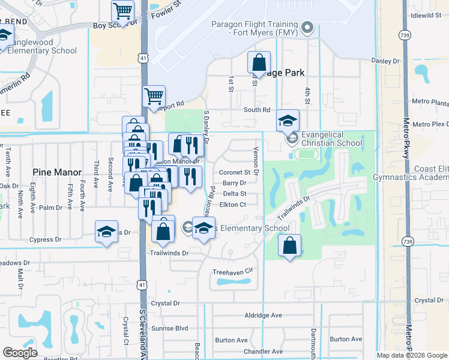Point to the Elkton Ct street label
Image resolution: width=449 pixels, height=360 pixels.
[234, 205]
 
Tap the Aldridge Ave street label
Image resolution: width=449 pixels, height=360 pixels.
[263, 315]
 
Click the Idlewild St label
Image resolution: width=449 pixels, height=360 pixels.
[427, 16]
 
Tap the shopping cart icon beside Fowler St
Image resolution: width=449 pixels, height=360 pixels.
[122, 11]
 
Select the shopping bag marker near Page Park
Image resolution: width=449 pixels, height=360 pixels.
[259, 62]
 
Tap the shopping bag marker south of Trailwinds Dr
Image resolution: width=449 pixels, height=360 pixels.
[290, 245]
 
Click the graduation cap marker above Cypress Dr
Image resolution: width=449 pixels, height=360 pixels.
[106, 232]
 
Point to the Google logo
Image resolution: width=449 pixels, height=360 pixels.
[20, 353]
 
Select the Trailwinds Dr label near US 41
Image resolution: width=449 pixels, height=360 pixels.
[169, 253]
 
